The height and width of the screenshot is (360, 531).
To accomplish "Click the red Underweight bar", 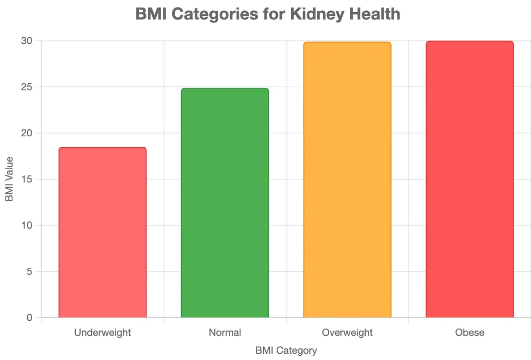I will pos(103,232).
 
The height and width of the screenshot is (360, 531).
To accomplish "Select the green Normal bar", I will pos(225,203).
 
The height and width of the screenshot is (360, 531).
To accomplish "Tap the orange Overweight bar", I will pos(347,180).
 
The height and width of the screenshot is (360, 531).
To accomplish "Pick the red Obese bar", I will pos(469,179).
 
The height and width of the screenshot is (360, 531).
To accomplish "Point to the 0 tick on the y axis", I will pos(29,318).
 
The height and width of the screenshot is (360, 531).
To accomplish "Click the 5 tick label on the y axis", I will pos(29,272).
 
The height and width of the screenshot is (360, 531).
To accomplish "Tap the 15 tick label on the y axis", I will pos(27,180).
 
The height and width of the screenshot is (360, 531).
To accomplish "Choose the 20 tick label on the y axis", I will pos(27,133).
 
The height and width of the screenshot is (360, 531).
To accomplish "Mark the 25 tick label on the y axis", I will pos(27,87).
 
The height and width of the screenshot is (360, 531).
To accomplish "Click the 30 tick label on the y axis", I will pos(27,41).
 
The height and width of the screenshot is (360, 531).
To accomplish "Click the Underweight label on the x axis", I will pos(103,333).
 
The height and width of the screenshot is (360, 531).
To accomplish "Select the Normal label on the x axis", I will pos(225,333).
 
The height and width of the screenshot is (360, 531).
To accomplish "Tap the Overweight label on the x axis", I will pos(347,333).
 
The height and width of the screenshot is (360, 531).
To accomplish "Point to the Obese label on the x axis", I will pos(469,333).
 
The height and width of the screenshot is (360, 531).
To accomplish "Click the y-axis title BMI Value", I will pos(9,179).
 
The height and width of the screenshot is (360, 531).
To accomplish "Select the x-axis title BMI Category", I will pos(286,350).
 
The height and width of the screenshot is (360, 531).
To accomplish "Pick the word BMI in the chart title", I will pos(151,14).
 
